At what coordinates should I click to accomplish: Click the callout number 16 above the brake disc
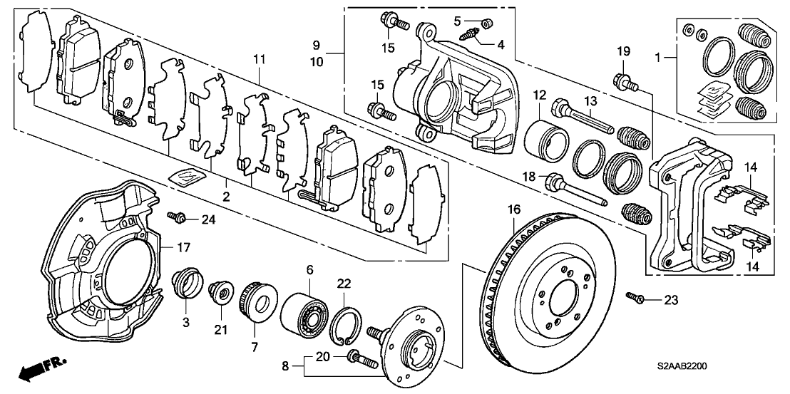513,209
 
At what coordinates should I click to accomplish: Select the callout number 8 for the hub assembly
285,368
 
